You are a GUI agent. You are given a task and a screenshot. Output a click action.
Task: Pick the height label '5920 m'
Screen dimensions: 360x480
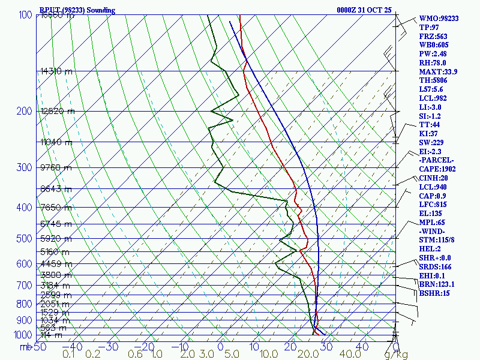pyautogui.click(x=56, y=239)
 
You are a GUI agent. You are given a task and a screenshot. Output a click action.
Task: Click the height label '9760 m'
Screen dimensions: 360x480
pyautogui.click(x=56, y=168)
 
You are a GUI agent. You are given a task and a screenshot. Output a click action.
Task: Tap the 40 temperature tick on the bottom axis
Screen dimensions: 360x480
pyautogui.click(x=362, y=347)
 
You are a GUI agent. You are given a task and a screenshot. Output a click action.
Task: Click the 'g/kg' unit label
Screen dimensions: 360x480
pyautogui.click(x=396, y=355)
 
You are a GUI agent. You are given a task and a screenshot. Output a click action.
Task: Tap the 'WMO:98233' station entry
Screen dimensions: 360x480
pyautogui.click(x=439, y=19)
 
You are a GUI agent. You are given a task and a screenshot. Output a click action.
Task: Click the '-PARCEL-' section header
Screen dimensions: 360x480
pyautogui.click(x=437, y=160)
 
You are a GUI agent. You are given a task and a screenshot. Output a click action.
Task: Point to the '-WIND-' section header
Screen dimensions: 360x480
pyautogui.click(x=434, y=230)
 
